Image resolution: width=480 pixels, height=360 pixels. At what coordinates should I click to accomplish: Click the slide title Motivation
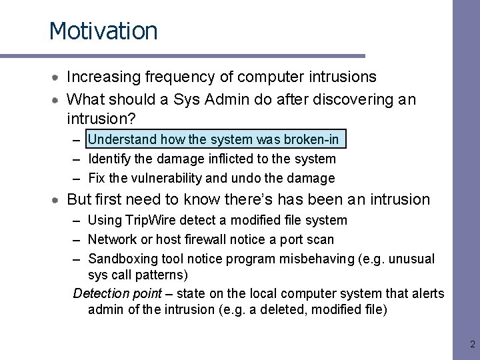[103, 31]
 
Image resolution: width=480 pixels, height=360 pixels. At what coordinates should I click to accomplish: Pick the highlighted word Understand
[122, 139]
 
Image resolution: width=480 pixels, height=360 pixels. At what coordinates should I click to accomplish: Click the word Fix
[97, 178]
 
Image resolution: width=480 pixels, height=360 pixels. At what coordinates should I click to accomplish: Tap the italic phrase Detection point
[117, 294]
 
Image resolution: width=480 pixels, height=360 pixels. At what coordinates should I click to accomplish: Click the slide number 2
[472, 345]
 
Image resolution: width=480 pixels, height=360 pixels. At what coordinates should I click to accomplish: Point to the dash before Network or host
[77, 239]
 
